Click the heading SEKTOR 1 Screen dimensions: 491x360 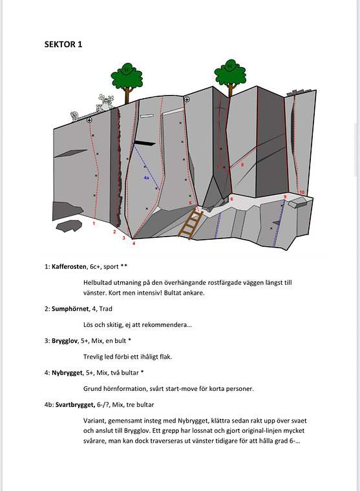63,45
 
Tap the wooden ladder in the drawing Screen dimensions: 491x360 191,223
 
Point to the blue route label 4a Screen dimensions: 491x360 147,178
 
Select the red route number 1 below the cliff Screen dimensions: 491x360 94,224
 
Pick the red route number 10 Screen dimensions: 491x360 302,192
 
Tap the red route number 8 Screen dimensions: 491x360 242,165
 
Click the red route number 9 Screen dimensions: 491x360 284,196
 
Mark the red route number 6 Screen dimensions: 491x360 231,199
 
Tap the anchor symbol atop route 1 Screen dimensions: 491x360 89,121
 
